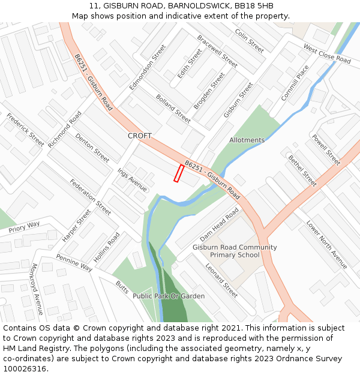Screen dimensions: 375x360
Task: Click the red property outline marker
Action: [x=178, y=173]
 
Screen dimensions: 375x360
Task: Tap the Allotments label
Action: [x=247, y=140]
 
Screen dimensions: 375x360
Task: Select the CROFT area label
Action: [x=140, y=136]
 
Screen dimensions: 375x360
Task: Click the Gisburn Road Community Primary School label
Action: [x=235, y=251]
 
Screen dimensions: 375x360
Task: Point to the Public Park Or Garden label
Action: [x=169, y=296]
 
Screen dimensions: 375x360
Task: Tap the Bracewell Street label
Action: [x=217, y=51]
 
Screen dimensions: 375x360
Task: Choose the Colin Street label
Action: [x=249, y=40]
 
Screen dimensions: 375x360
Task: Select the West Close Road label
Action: [x=326, y=53]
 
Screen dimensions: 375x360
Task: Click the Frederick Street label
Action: [x=25, y=130]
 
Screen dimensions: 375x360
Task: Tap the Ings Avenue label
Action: [x=132, y=180]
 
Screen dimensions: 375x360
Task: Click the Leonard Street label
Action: [x=221, y=280]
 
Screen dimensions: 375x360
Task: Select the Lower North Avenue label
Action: [x=326, y=245]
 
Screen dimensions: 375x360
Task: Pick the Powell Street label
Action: [x=326, y=150]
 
